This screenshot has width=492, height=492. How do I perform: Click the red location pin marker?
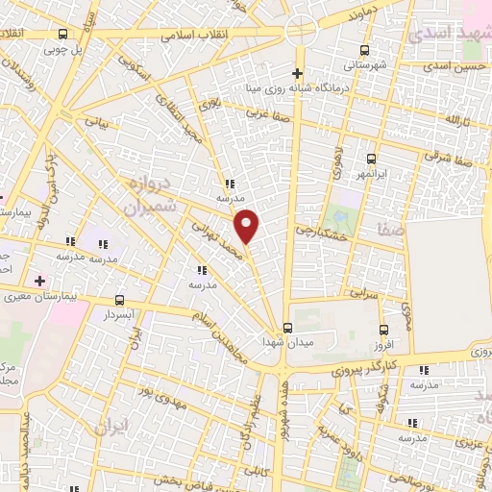247,225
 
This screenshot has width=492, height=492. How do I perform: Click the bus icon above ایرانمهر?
370,160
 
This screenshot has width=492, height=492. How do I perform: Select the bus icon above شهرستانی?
364,50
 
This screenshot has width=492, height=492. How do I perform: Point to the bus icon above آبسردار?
119,300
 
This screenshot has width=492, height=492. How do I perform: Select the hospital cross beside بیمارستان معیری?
38,281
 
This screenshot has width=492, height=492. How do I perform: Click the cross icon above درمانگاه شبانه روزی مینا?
298,73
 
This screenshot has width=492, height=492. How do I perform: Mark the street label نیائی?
99,122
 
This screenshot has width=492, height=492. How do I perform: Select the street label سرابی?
365,292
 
